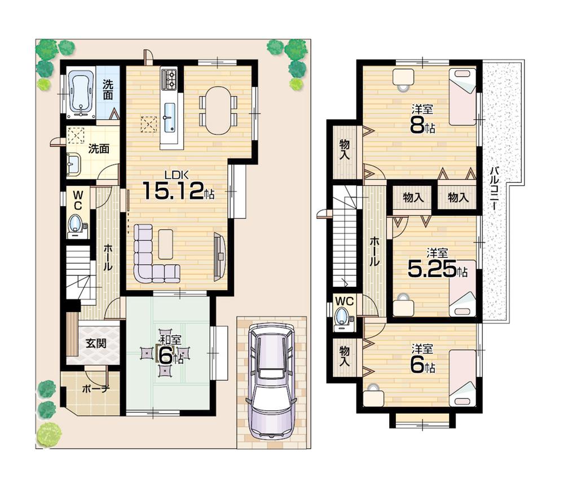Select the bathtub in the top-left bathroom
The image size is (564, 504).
click(x=79, y=93)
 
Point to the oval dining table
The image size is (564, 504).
click(x=218, y=110)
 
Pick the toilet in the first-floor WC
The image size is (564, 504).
click(x=76, y=224)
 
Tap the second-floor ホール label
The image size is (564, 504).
click(x=374, y=252)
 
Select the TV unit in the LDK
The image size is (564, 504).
click(x=219, y=257)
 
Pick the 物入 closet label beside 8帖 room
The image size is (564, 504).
click(x=345, y=150)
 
